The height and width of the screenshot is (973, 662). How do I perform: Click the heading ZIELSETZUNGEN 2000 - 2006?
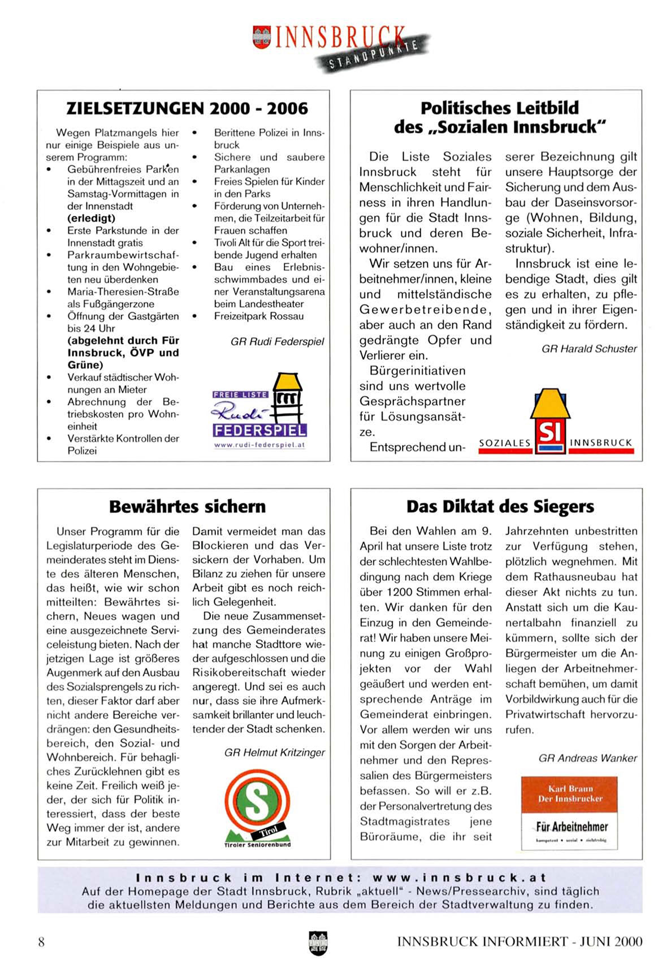[x=187, y=108]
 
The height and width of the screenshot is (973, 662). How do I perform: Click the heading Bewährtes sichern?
[x=187, y=506]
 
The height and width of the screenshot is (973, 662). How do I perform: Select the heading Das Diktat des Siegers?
[x=500, y=506]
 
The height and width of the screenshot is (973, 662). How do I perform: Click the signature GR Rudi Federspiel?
[x=277, y=341]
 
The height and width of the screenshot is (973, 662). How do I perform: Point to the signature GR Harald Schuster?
[x=589, y=349]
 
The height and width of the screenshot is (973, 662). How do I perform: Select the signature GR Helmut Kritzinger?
[x=274, y=753]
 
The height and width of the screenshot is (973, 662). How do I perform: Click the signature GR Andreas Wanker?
[x=587, y=758]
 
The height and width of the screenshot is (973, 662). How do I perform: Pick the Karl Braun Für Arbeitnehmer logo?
[x=569, y=813]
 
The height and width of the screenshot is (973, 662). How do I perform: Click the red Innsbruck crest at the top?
[x=261, y=37]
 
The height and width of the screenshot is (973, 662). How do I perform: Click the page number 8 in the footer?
[x=41, y=941]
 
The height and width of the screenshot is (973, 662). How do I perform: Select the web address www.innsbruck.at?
[x=459, y=878]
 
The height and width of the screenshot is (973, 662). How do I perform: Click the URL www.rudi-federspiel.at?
[x=259, y=445]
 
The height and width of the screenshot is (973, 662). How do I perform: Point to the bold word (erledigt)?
[x=91, y=218]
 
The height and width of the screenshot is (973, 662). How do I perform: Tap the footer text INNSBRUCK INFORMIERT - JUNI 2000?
[x=520, y=941]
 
